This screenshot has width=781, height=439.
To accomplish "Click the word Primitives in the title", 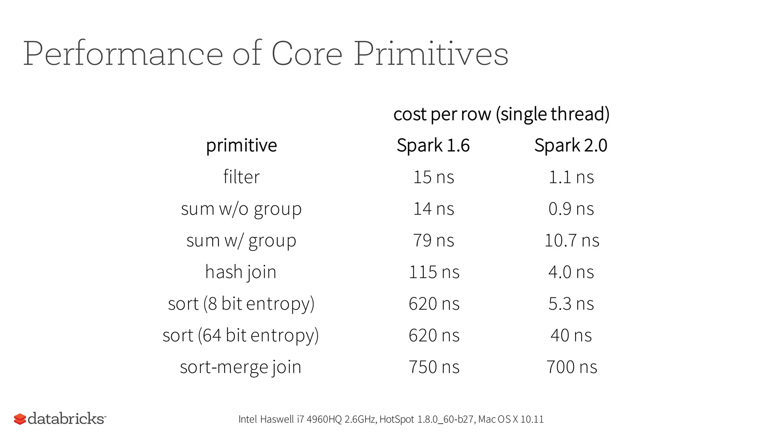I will pyautogui.click(x=431, y=54).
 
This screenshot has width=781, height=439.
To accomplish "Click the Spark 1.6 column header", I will pyautogui.click(x=433, y=146).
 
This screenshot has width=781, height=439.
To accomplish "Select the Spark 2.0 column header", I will pyautogui.click(x=570, y=146).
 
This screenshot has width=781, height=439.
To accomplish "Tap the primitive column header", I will pyautogui.click(x=241, y=146).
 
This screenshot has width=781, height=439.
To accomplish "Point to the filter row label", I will pyautogui.click(x=241, y=177).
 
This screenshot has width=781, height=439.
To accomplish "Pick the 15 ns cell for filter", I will pyautogui.click(x=434, y=177).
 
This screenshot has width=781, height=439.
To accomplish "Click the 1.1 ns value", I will pyautogui.click(x=571, y=177).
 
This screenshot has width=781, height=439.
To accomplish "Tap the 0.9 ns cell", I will pyautogui.click(x=571, y=209).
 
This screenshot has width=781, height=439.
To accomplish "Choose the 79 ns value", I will pyautogui.click(x=434, y=240).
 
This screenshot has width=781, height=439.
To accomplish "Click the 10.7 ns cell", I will pyautogui.click(x=572, y=240).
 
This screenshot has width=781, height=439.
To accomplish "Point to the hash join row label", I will pyautogui.click(x=241, y=272).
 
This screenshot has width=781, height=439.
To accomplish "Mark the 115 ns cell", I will pyautogui.click(x=434, y=272).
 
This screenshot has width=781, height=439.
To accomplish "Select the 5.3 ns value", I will pyautogui.click(x=571, y=304).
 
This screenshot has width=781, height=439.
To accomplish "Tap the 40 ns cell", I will pyautogui.click(x=571, y=335).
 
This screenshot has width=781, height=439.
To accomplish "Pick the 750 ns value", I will pyautogui.click(x=434, y=367).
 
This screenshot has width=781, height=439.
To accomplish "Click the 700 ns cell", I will pyautogui.click(x=572, y=367).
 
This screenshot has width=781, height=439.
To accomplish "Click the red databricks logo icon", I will pyautogui.click(x=20, y=419).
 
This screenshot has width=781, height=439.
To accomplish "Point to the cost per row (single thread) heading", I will pyautogui.click(x=501, y=114).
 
